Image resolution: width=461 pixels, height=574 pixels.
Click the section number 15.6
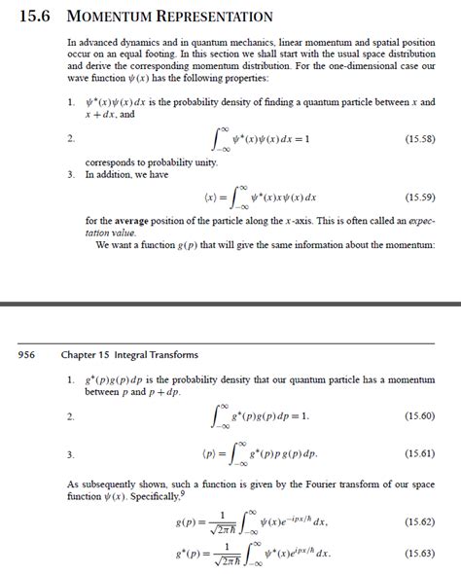36,17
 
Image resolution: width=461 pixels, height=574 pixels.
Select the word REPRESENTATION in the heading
218,17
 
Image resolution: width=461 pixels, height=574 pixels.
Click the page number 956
27,355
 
